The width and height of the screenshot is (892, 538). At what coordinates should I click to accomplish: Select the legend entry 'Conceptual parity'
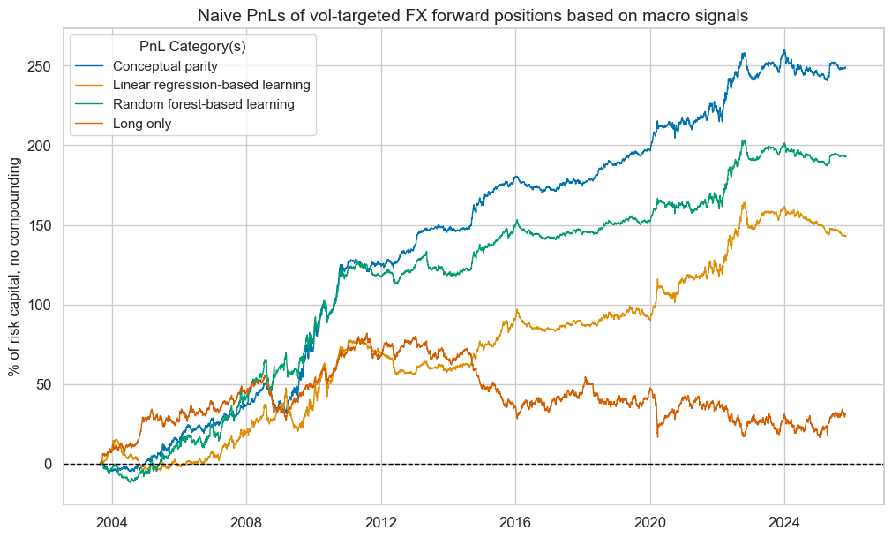[166, 65]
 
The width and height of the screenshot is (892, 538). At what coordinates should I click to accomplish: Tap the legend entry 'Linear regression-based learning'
[211, 85]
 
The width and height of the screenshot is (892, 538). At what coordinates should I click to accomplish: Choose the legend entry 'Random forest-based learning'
[203, 104]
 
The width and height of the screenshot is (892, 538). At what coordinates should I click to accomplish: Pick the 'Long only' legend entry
[142, 124]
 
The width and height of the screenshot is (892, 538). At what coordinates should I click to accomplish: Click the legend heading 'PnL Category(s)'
[192, 46]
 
